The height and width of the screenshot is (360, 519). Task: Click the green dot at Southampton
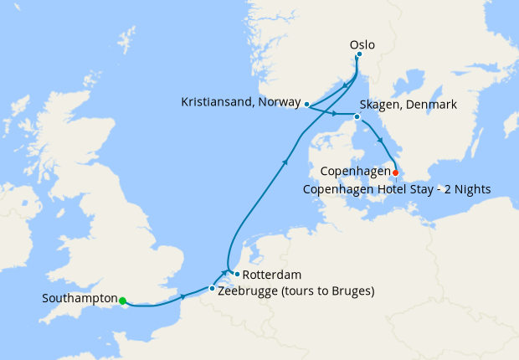pyautogui.click(x=122, y=301)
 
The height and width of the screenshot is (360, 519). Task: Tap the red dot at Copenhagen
pyautogui.click(x=396, y=173)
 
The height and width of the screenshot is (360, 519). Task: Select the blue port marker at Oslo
pyautogui.click(x=359, y=54)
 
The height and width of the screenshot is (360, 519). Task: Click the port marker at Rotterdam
pyautogui.click(x=237, y=274)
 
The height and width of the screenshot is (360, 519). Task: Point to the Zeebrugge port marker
pyautogui.click(x=212, y=288)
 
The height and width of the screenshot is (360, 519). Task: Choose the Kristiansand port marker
pyautogui.click(x=307, y=105)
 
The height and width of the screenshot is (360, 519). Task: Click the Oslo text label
pyautogui.click(x=362, y=44)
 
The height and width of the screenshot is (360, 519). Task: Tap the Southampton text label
pyautogui.click(x=80, y=298)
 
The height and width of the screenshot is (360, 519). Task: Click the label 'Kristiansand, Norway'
pyautogui.click(x=240, y=102)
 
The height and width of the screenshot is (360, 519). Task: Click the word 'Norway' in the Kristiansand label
pyautogui.click(x=280, y=102)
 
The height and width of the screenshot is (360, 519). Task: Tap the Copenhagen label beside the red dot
pyautogui.click(x=356, y=172)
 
